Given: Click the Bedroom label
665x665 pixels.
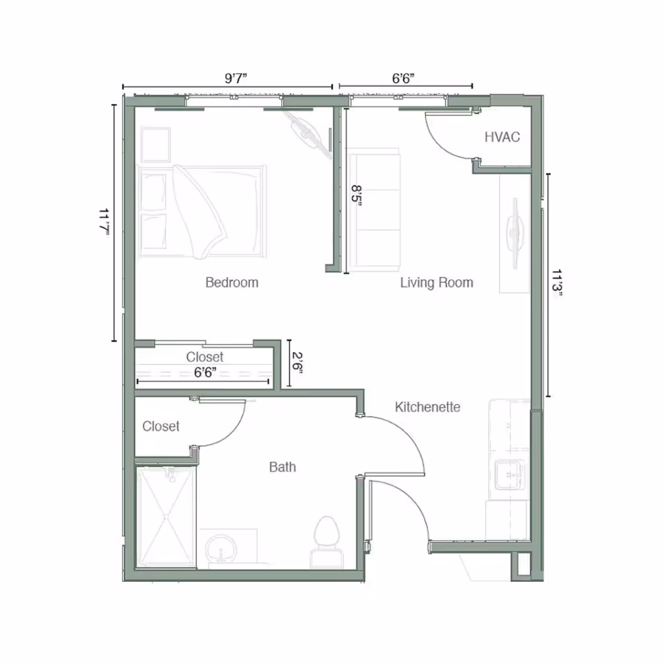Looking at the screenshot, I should [x=231, y=283].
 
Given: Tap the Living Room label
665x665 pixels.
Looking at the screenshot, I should [x=436, y=283].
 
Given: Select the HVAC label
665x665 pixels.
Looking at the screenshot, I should [x=502, y=137].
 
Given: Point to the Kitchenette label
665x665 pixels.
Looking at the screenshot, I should [x=427, y=407].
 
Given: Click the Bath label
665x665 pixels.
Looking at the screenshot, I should [x=282, y=468].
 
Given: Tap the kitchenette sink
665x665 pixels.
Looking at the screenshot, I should [x=509, y=475].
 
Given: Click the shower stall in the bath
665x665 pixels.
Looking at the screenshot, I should [x=166, y=516].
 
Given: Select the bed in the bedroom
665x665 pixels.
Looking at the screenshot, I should [x=202, y=211].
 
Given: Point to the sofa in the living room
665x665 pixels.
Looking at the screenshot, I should [x=375, y=211].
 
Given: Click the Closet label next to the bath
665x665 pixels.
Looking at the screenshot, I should [x=161, y=427].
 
